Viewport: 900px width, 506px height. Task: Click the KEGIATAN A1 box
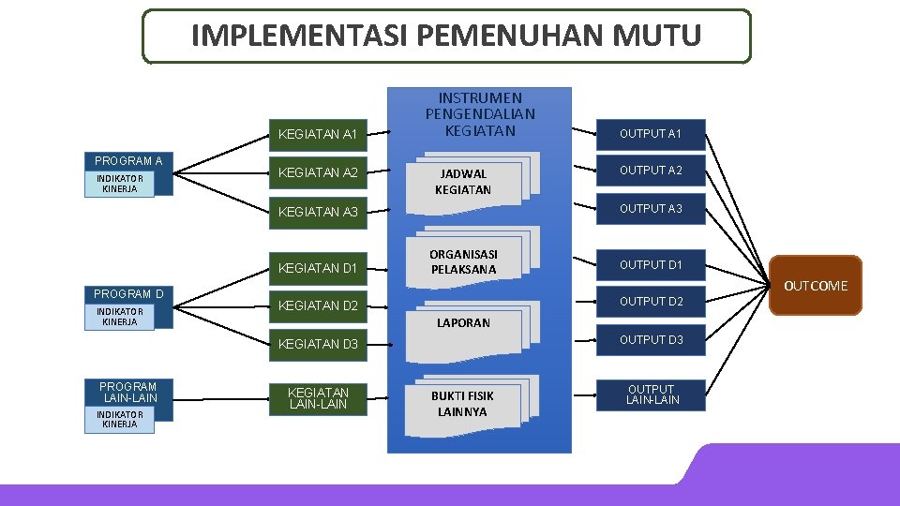pyautogui.click(x=317, y=135)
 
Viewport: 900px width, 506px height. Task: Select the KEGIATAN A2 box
pyautogui.click(x=317, y=172)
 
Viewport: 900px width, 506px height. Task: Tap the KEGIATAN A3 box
pyautogui.click(x=317, y=212)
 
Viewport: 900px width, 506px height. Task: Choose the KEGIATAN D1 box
pyautogui.click(x=317, y=269)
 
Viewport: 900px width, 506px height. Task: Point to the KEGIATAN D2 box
pyautogui.click(x=317, y=305)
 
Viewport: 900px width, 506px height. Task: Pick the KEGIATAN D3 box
pyautogui.click(x=317, y=345)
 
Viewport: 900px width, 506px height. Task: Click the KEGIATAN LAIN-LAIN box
pyautogui.click(x=317, y=398)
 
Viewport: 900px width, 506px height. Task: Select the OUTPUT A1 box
pyautogui.click(x=651, y=134)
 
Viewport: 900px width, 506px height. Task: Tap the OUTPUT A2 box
pyautogui.click(x=651, y=171)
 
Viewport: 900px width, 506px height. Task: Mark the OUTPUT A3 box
pyautogui.click(x=651, y=209)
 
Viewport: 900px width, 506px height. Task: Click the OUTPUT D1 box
pyautogui.click(x=651, y=265)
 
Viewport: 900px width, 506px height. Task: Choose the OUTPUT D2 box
pyautogui.click(x=651, y=302)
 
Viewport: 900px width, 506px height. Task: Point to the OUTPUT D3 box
pyautogui.click(x=651, y=340)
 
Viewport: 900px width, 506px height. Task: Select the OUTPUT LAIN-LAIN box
pyautogui.click(x=651, y=394)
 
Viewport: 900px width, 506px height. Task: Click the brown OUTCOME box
pyautogui.click(x=815, y=286)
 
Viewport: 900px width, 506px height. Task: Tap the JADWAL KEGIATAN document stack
pyautogui.click(x=463, y=182)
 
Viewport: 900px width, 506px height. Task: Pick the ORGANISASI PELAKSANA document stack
pyautogui.click(x=463, y=262)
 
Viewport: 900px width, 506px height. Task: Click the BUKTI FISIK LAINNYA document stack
pyautogui.click(x=463, y=404)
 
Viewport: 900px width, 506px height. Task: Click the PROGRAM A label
pyautogui.click(x=127, y=161)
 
